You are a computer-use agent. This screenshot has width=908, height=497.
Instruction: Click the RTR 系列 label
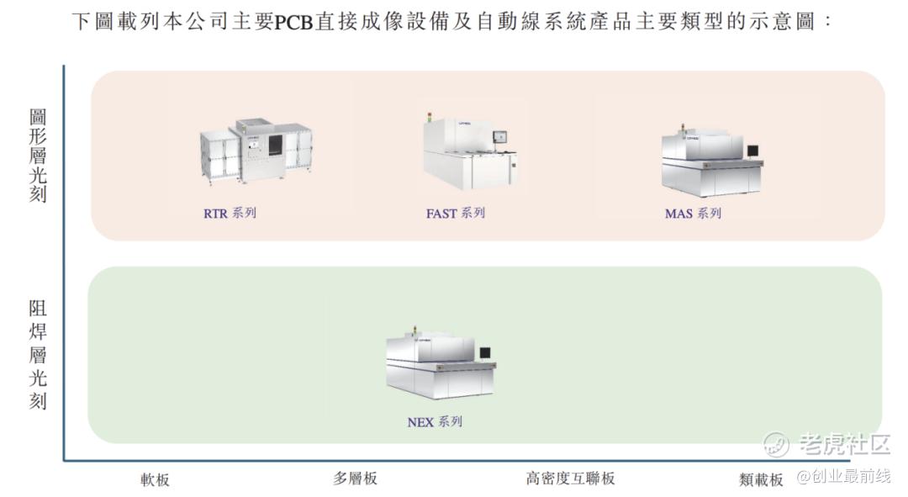tap(230, 213)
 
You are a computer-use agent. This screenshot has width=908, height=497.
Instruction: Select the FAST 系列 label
tap(455, 213)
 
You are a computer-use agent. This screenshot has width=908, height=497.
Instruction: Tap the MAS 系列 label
tap(693, 213)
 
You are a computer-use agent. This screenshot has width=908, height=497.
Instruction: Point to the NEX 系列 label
tap(435, 421)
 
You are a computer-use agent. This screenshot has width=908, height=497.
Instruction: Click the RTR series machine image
tap(256, 151)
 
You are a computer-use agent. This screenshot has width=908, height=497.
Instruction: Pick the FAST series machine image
tap(470, 151)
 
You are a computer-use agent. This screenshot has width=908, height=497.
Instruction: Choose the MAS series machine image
tap(711, 161)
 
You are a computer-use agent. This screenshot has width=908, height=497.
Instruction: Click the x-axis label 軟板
tap(155, 479)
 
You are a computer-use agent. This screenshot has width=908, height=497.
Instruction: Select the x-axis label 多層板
tap(355, 478)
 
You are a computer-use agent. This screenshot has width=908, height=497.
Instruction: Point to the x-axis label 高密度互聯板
tap(570, 478)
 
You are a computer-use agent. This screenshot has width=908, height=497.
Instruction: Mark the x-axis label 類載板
tap(761, 479)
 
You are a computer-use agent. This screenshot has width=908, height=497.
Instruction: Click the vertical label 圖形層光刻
tap(38, 156)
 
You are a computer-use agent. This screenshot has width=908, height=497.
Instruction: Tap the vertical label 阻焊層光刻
tap(38, 354)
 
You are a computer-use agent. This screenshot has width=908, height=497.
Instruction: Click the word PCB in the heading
tap(293, 22)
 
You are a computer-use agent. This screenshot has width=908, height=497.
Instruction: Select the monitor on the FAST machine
tap(499, 137)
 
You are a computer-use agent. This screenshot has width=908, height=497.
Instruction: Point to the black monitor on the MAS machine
tap(752, 151)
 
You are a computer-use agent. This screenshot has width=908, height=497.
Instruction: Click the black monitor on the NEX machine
tap(485, 352)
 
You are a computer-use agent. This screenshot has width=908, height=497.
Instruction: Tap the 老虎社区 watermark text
tap(844, 444)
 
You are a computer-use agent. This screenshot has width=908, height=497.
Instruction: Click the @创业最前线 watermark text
tap(844, 476)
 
